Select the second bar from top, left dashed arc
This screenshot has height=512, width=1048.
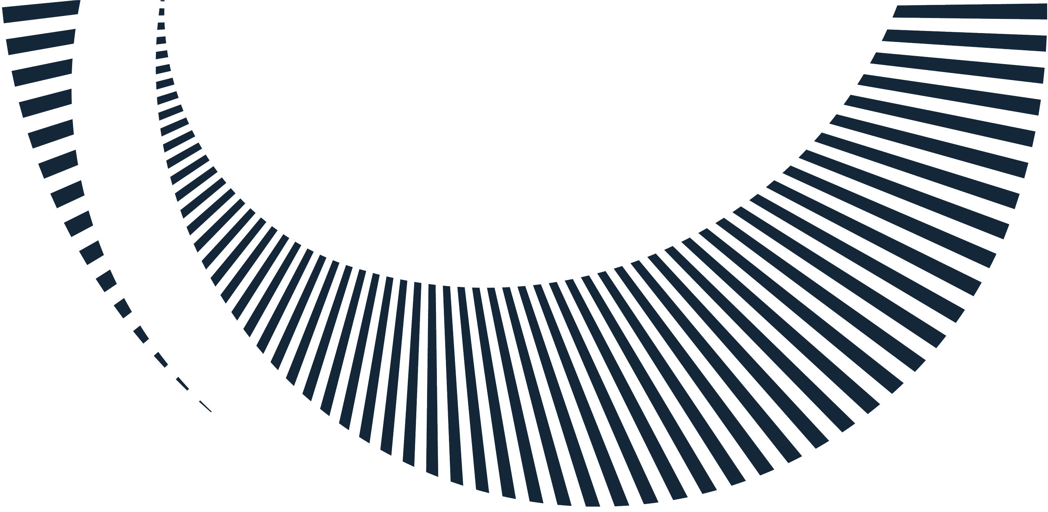pyautogui.click(x=42, y=41)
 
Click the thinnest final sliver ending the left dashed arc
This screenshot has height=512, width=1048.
pyautogui.click(x=205, y=406)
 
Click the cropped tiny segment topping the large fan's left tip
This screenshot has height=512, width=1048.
pyautogui.click(x=162, y=1)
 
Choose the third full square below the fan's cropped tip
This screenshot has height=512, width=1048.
pyautogui.click(x=161, y=40)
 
